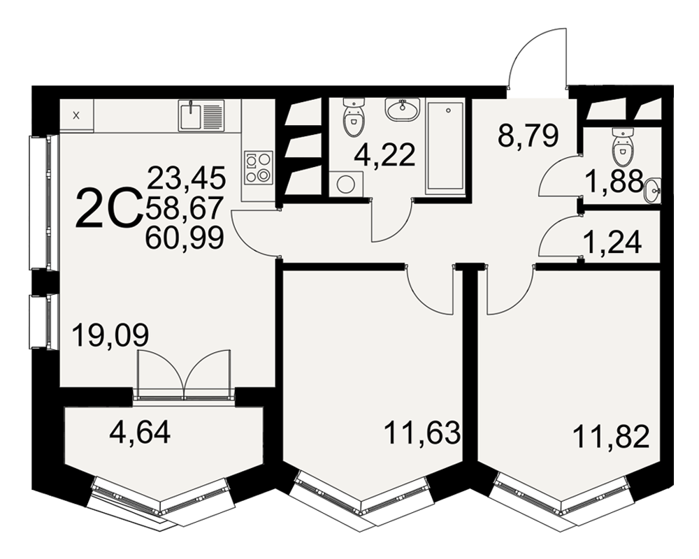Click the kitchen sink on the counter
click(201, 115)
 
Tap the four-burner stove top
click(259, 168)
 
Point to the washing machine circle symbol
click(345, 184)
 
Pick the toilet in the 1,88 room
click(623, 147)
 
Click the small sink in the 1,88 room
click(653, 190)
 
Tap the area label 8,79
click(528, 136)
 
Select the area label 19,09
click(110, 335)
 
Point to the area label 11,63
click(421, 433)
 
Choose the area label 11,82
click(610, 437)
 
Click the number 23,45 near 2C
click(187, 177)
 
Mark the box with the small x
click(76, 115)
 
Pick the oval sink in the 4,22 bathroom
click(402, 110)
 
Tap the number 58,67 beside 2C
click(184, 208)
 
